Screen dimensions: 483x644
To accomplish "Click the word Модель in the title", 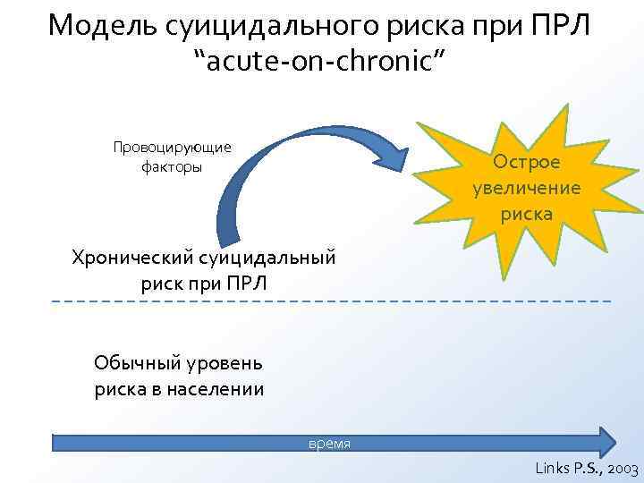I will click(x=102, y=25).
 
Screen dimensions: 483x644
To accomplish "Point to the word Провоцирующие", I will click(x=173, y=148).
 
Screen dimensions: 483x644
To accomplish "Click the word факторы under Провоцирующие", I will click(x=173, y=166).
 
